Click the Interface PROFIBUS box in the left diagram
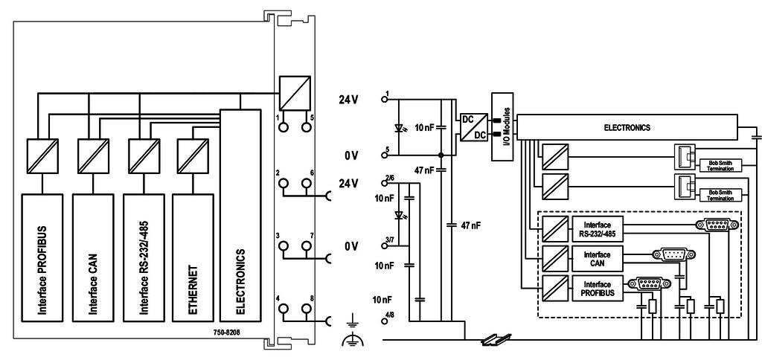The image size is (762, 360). (x=42, y=257)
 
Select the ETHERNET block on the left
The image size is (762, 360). (x=193, y=257)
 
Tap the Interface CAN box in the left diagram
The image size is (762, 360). (x=92, y=257)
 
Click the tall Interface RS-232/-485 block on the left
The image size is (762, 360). (x=143, y=257)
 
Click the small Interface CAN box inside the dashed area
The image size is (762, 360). (x=598, y=257)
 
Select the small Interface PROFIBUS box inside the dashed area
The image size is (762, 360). (x=598, y=289)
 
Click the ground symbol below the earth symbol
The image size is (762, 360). (x=350, y=341)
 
